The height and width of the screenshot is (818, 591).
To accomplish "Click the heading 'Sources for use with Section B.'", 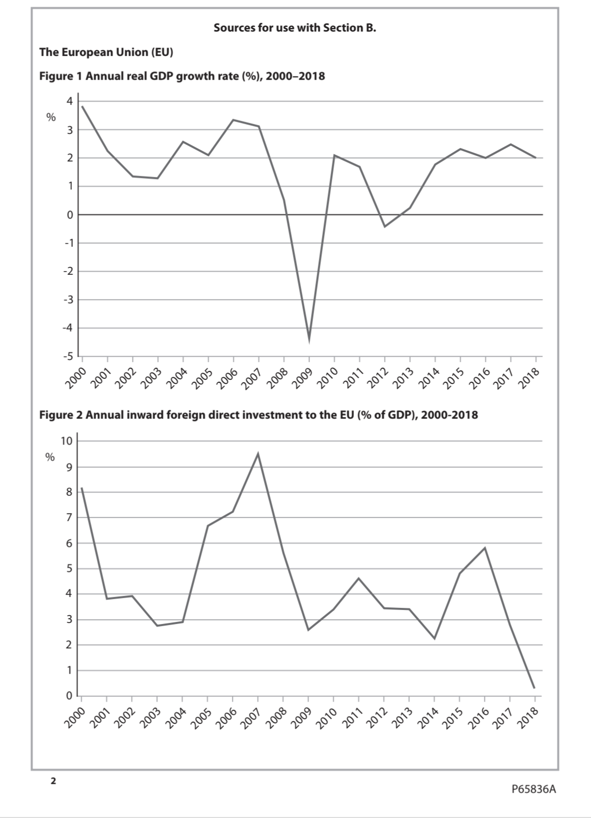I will click(x=295, y=28).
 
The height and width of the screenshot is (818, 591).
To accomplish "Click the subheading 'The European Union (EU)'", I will click(x=106, y=52).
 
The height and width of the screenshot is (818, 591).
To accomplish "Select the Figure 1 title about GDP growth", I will click(x=182, y=76).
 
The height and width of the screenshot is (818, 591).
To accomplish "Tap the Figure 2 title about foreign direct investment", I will click(x=258, y=415).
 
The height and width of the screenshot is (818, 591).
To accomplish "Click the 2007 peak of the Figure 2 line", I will click(x=258, y=454).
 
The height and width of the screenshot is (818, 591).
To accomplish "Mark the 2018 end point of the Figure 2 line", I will click(x=534, y=688).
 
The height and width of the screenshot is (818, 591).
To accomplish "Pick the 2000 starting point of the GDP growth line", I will click(x=82, y=107).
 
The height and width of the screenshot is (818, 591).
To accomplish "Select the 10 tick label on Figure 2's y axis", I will click(x=66, y=441).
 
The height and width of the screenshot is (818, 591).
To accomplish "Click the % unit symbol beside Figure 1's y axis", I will click(x=51, y=117).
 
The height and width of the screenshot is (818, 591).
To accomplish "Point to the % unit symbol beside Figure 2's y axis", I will click(x=50, y=457).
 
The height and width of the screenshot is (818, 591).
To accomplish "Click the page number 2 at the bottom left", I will click(x=52, y=781).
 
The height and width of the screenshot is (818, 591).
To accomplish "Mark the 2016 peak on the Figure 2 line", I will click(x=485, y=548).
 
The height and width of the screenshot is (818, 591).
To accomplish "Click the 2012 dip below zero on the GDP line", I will click(x=385, y=226).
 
